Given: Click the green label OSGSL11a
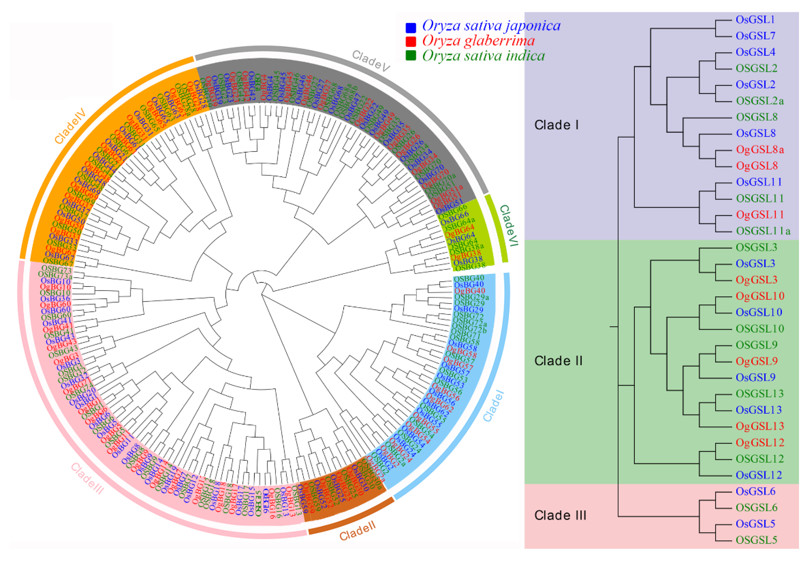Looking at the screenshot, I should click(x=763, y=231).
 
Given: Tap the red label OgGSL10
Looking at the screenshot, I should click(x=760, y=296).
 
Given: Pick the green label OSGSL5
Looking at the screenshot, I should click(x=756, y=540).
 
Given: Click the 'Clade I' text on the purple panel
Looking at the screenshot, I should click(x=556, y=125).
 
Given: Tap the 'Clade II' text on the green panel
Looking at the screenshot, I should click(x=558, y=361).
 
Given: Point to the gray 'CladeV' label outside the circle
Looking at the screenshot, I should click(x=371, y=61).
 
